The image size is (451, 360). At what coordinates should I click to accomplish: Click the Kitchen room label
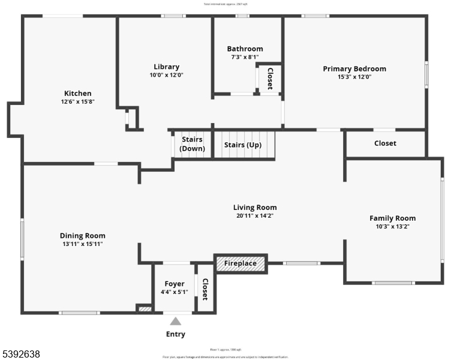tap(78, 93)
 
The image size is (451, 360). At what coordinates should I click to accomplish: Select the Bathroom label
tap(245, 49)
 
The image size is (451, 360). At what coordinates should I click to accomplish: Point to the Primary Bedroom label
tap(354, 68)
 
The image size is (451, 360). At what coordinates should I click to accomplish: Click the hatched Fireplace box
tap(240, 263)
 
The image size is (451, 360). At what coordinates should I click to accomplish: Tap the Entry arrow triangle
tap(175, 321)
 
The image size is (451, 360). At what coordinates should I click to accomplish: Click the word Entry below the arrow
tap(175, 334)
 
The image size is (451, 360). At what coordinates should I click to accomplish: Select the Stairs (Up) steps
tap(243, 145)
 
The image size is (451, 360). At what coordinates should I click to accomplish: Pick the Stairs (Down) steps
tap(193, 144)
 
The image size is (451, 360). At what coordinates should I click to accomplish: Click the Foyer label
tap(174, 284)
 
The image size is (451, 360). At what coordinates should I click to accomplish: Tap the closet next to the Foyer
tap(205, 289)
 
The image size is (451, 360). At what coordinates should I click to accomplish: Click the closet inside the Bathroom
tap(269, 79)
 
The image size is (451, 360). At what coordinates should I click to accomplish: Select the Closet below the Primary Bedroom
tap(385, 143)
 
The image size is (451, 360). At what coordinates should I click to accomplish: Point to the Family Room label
tap(392, 218)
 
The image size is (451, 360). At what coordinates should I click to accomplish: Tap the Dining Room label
tap(82, 236)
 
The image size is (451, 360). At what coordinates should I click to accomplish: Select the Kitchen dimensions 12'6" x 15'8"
tap(78, 101)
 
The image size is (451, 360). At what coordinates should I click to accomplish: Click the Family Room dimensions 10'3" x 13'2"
tap(392, 226)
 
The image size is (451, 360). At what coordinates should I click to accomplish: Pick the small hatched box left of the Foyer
tap(145, 309)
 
